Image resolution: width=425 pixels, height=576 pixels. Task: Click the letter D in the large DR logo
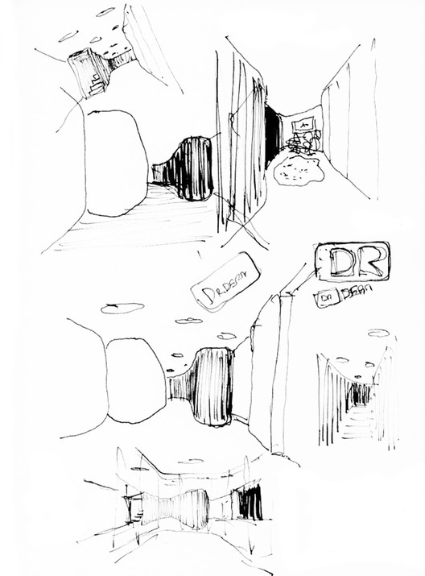pos(339,263)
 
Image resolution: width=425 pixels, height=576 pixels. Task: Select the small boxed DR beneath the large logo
pos(324,296)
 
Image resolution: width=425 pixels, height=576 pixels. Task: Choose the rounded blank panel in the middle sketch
pos(135,380)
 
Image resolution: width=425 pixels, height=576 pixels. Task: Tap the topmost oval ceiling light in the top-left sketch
pos(105,12)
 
